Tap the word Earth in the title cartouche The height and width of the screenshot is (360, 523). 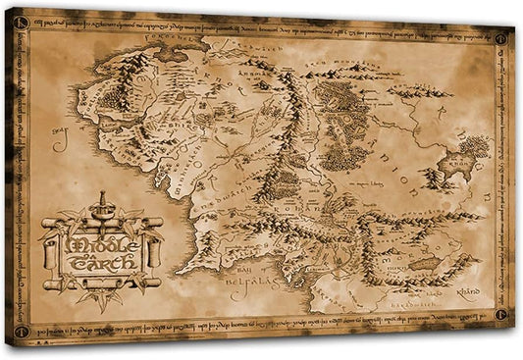tap(98, 263)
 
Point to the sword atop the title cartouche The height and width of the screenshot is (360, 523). tap(99, 208)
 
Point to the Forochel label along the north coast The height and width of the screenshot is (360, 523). tap(183, 42)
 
